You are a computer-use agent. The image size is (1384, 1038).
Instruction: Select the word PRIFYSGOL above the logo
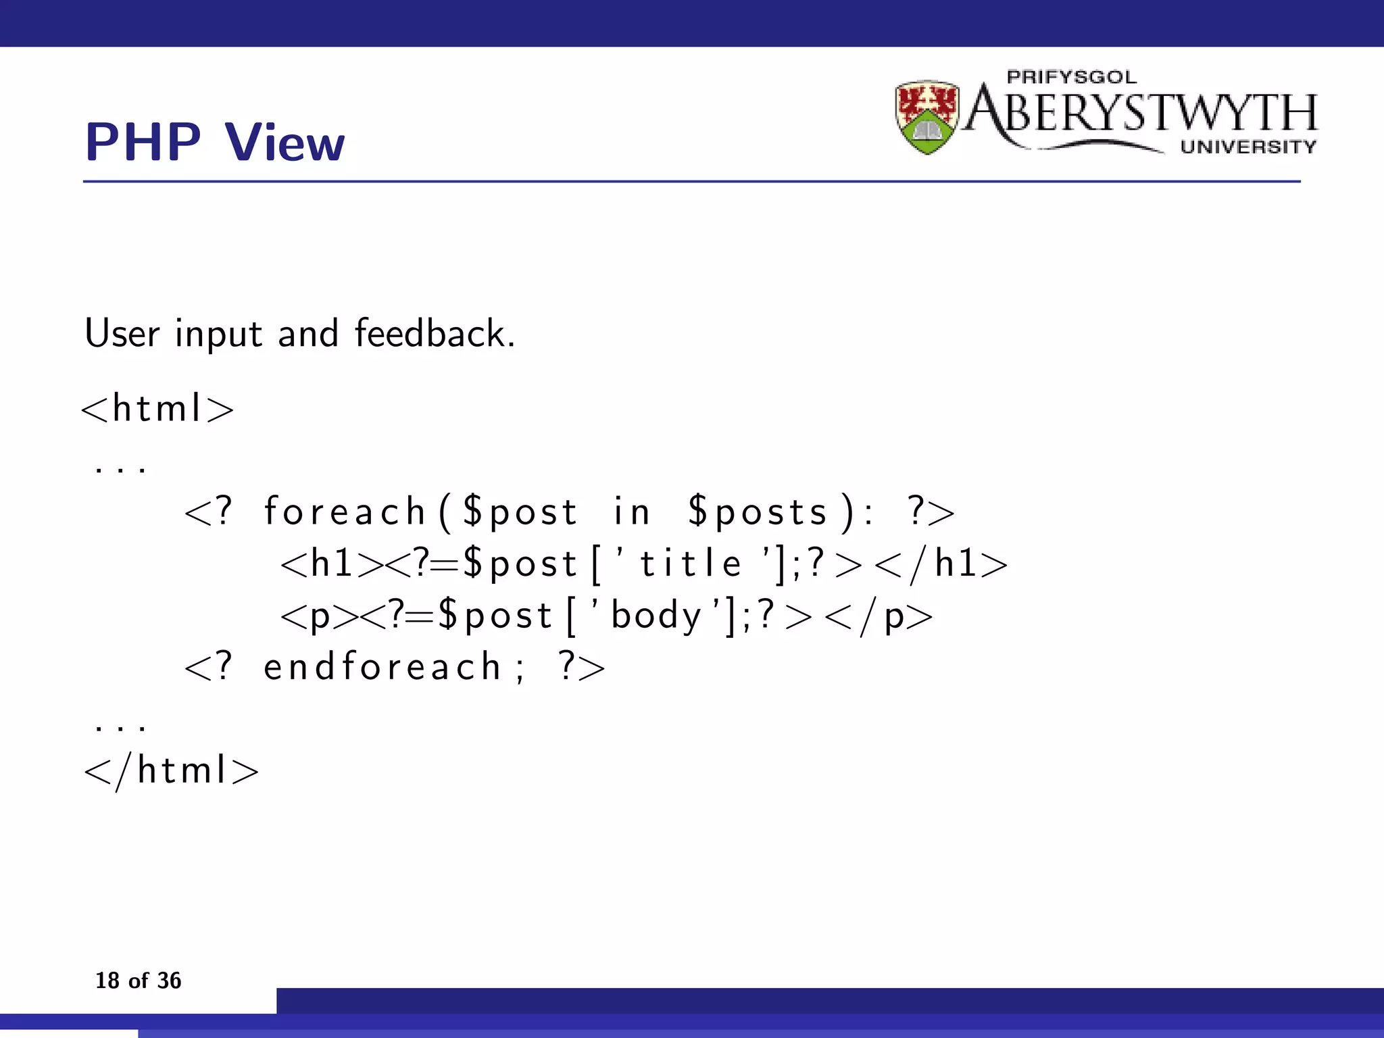[x=1071, y=77]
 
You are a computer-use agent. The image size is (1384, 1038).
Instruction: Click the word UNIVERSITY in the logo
[x=1248, y=147]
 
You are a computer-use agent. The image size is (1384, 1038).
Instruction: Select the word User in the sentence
[x=122, y=333]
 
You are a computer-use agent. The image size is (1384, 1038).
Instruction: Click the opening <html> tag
[x=157, y=408]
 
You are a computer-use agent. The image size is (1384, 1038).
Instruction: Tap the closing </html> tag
[x=171, y=770]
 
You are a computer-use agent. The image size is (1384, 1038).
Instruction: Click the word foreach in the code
[x=344, y=511]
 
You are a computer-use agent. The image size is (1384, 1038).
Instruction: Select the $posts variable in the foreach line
[x=758, y=512]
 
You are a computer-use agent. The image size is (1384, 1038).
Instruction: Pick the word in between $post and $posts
[x=631, y=511]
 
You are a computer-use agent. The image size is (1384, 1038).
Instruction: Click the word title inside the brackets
[x=690, y=563]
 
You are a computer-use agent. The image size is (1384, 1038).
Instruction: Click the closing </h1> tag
[x=940, y=564]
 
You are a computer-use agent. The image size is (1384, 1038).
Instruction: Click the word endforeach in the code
[x=381, y=667]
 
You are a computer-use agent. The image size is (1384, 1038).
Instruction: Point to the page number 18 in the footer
[x=107, y=981]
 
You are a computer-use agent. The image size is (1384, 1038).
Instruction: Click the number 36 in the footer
[x=169, y=981]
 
